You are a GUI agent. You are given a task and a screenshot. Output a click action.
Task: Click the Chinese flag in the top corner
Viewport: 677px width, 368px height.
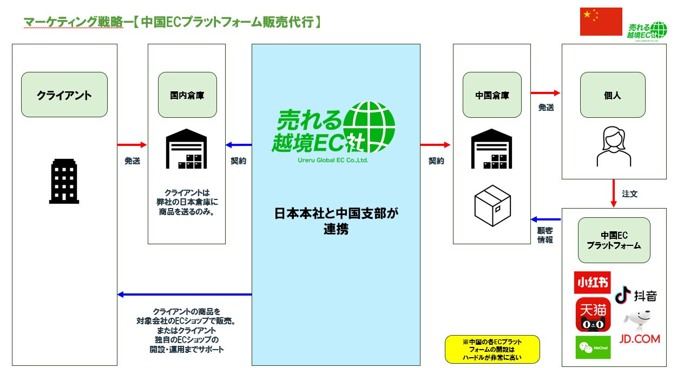pyautogui.click(x=601, y=22)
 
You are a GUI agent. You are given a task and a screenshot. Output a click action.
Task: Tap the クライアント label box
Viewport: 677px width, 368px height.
pyautogui.click(x=64, y=95)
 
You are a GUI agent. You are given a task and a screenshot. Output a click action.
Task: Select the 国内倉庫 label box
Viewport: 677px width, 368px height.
pyautogui.click(x=187, y=95)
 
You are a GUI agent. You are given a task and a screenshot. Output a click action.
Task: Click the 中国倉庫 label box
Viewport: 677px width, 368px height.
pyautogui.click(x=492, y=95)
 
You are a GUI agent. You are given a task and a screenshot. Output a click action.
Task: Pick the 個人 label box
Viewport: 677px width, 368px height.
pyautogui.click(x=613, y=95)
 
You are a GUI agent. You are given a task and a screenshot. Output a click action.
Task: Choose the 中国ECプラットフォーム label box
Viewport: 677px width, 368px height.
pyautogui.click(x=614, y=240)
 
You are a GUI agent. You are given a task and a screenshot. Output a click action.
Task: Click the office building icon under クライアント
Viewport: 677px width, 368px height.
pyautogui.click(x=64, y=181)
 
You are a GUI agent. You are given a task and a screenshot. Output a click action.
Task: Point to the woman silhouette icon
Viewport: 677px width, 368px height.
pyautogui.click(x=613, y=146)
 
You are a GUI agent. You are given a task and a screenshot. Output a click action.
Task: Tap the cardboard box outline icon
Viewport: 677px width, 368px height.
pyautogui.click(x=492, y=206)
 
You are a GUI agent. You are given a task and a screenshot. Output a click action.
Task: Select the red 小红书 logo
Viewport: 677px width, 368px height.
pyautogui.click(x=593, y=282)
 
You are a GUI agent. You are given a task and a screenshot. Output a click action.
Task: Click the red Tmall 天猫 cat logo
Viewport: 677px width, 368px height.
pyautogui.click(x=593, y=315)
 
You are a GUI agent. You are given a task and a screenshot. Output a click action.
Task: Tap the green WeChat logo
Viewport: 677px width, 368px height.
pyautogui.click(x=593, y=347)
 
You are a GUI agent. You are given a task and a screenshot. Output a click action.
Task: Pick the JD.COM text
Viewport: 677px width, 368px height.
pyautogui.click(x=639, y=339)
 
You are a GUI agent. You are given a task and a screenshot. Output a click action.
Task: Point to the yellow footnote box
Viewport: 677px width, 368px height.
pyautogui.click(x=492, y=350)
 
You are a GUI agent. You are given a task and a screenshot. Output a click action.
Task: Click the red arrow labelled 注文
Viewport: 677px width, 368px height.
pyautogui.click(x=614, y=193)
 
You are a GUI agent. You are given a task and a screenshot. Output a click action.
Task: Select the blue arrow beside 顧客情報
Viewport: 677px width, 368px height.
pyautogui.click(x=547, y=219)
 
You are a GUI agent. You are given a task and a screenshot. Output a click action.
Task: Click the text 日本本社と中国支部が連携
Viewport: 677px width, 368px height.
pyautogui.click(x=336, y=221)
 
